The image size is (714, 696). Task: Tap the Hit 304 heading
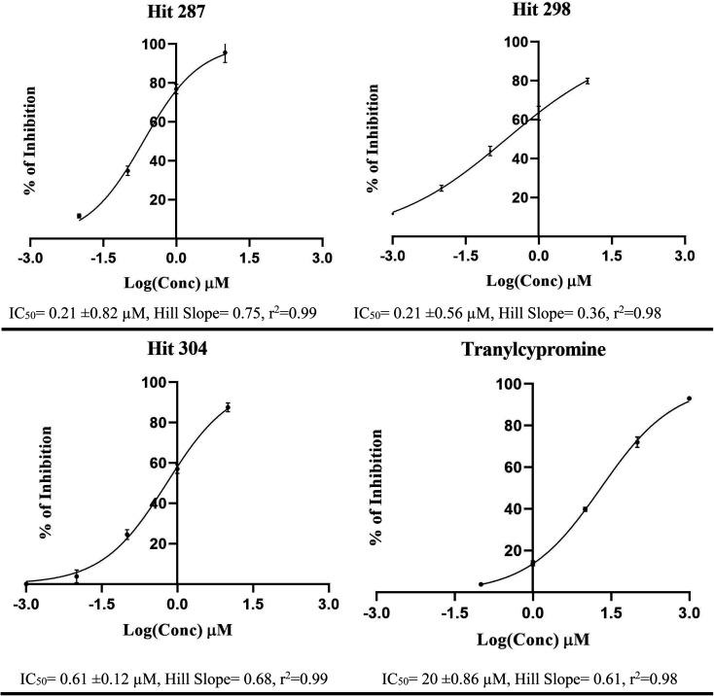click(x=176, y=356)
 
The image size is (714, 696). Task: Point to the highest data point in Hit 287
click(x=225, y=53)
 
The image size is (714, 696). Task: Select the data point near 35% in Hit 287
click(x=127, y=171)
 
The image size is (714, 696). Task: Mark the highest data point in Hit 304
click(x=228, y=407)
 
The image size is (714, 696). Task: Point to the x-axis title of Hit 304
click(x=176, y=631)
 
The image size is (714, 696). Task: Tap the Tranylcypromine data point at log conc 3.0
click(x=689, y=399)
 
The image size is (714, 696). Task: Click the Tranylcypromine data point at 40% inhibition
click(x=585, y=509)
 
